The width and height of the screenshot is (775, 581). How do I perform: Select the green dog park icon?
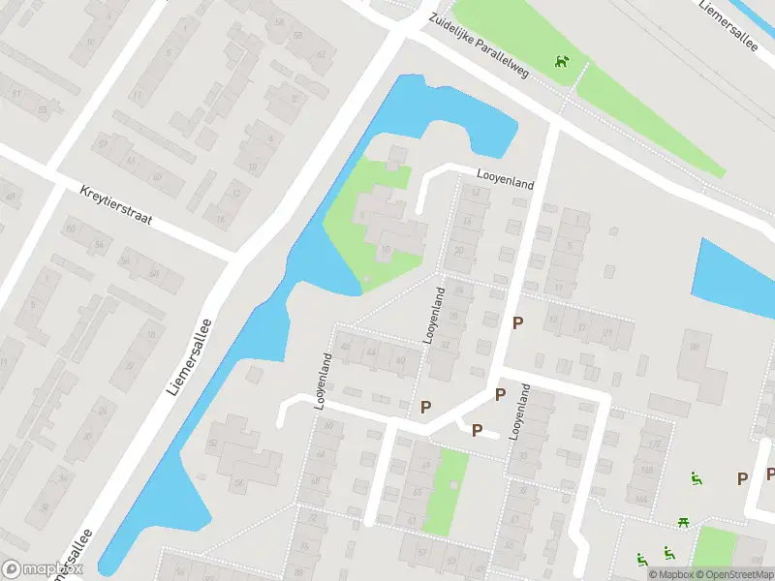point(562,63)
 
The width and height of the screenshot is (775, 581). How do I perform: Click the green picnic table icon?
point(685,523)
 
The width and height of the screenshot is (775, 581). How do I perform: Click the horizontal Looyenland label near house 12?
point(506,178)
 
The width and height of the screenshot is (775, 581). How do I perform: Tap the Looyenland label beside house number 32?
point(433,316)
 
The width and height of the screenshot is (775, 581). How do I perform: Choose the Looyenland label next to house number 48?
point(324,381)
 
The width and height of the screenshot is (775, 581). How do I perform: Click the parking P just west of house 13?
point(518,322)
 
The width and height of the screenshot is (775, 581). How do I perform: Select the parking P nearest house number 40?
point(425,408)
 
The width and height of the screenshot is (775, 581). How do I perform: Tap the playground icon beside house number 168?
point(696,478)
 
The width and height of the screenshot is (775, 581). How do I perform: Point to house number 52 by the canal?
point(212,443)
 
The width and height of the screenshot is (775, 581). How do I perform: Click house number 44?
point(372,352)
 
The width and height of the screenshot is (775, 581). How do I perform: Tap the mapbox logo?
point(42,569)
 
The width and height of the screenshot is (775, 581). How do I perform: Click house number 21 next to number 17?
point(609,333)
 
